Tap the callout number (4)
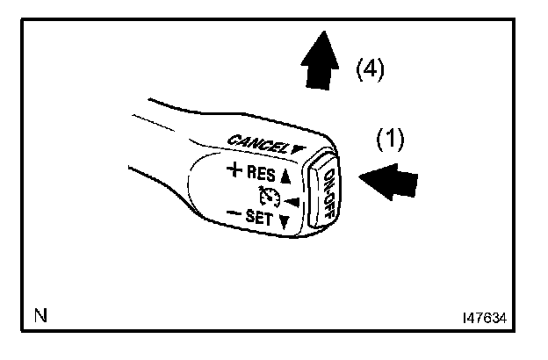369,68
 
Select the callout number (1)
390,140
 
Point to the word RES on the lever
263,173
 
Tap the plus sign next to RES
233,170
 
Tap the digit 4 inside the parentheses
369,68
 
